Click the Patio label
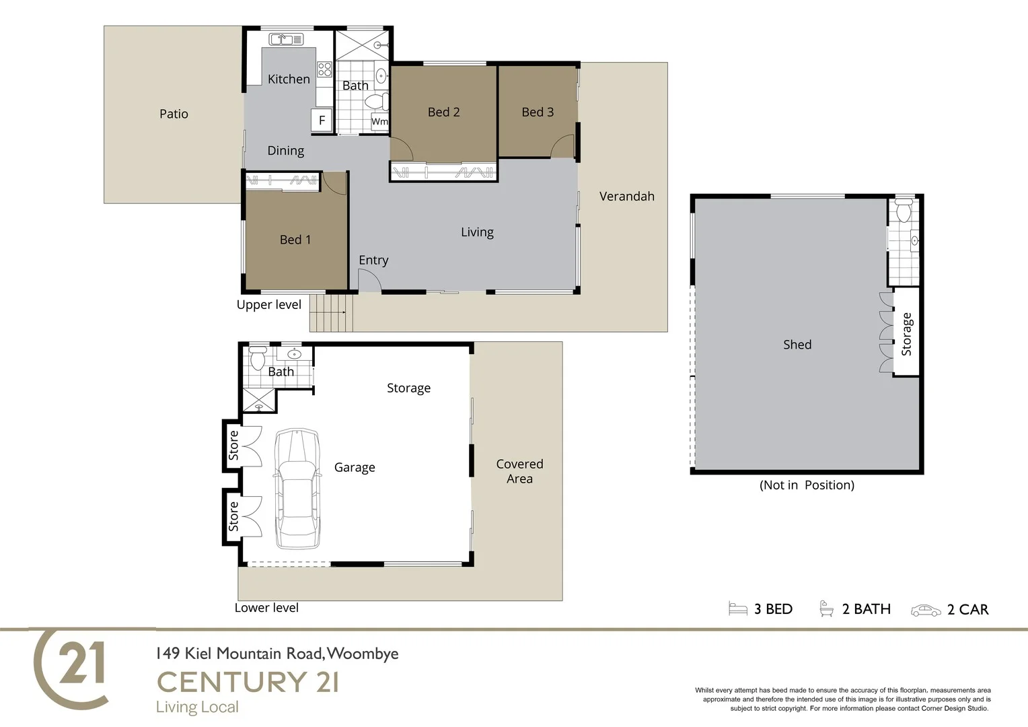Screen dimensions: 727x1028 (x=174, y=114)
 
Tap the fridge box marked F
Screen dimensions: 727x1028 (x=322, y=120)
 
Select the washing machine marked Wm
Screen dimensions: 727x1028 (x=379, y=122)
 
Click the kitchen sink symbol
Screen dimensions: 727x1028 (x=287, y=39)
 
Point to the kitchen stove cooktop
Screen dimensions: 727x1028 (x=324, y=69)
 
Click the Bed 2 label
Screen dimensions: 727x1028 (x=443, y=112)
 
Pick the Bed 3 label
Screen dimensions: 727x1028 (x=538, y=112)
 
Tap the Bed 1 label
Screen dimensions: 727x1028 (x=295, y=240)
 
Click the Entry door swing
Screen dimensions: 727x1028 (x=369, y=281)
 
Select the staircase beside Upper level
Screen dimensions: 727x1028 (x=330, y=313)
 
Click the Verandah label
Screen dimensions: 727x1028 (x=626, y=197)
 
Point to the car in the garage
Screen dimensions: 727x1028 (x=296, y=488)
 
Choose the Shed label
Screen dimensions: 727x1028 (x=797, y=345)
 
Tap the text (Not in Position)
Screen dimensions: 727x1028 (x=807, y=485)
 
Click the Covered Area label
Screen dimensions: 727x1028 (x=519, y=471)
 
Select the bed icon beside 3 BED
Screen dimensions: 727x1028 (x=738, y=609)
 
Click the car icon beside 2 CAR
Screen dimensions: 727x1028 (x=926, y=610)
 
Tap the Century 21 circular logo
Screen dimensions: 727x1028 (x=71, y=668)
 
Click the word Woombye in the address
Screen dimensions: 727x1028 (x=363, y=654)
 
